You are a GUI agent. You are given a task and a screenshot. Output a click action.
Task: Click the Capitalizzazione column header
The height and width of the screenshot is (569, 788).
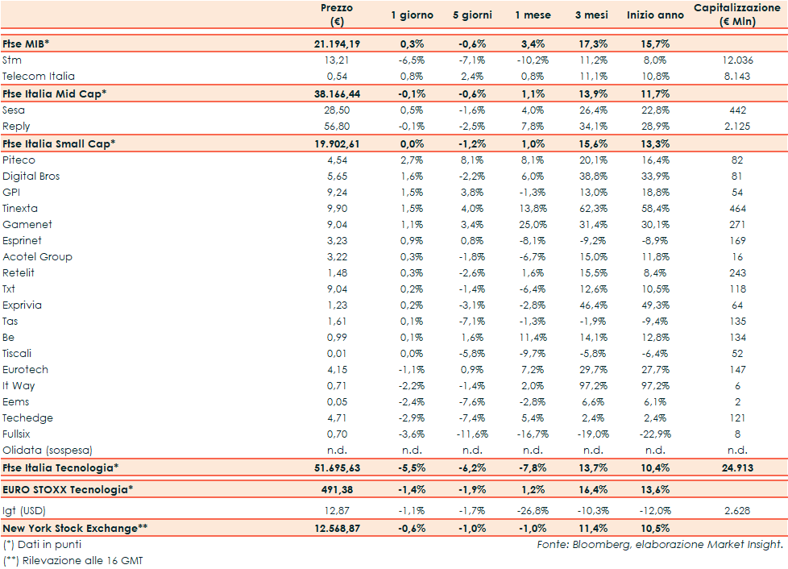[x=737, y=15]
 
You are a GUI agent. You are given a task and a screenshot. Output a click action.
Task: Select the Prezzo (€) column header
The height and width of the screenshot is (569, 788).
[x=337, y=15]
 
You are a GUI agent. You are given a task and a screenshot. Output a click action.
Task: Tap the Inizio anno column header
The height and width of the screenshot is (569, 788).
[x=655, y=15]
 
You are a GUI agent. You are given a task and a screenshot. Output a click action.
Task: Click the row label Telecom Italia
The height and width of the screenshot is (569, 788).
[x=39, y=77]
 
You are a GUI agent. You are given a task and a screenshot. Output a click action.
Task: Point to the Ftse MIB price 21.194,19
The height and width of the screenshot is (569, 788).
[x=336, y=44]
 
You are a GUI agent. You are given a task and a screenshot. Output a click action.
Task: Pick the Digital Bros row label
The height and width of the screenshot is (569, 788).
[x=31, y=177]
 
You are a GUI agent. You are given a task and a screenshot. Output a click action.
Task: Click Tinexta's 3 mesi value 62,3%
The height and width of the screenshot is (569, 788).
[x=593, y=209]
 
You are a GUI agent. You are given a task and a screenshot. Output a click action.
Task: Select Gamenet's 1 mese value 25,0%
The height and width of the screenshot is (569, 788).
[x=533, y=225]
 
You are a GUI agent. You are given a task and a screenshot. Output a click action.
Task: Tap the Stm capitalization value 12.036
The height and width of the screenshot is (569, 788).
[x=737, y=60]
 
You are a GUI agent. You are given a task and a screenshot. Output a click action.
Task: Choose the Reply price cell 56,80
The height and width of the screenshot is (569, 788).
[x=336, y=127]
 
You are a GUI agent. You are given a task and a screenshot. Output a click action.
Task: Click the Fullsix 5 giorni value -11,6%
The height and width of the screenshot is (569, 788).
[x=472, y=434]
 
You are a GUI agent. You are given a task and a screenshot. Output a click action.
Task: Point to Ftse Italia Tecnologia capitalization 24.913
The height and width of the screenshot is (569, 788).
[x=737, y=467]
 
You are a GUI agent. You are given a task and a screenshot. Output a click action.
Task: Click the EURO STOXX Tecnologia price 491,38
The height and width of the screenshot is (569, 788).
[x=336, y=489]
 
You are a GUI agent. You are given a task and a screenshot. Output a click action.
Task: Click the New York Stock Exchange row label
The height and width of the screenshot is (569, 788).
[x=76, y=528]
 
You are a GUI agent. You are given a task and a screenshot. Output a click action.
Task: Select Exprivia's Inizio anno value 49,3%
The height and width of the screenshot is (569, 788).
[x=655, y=305]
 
